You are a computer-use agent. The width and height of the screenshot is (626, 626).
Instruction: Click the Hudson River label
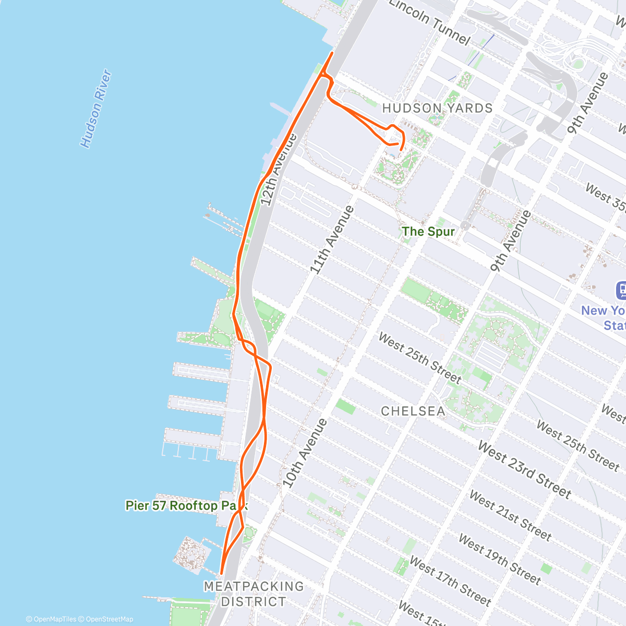point(96,109)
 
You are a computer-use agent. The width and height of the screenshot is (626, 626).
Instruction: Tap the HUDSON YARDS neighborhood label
point(437,109)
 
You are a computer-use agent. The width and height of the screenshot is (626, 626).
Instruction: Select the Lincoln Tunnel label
point(429,22)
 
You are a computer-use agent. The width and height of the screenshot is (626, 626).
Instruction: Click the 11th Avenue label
point(332,240)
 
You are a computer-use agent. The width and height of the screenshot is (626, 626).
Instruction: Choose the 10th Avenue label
point(305,453)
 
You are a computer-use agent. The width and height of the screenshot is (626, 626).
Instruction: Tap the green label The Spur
point(428,231)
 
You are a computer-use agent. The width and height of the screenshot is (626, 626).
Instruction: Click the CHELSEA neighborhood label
point(413,411)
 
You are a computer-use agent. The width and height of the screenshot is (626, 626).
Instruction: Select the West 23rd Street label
point(525,469)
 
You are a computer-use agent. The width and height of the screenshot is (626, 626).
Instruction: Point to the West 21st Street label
point(510,515)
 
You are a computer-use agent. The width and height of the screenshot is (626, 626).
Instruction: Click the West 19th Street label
point(499,558)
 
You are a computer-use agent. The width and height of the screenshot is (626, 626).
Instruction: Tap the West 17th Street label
point(450,580)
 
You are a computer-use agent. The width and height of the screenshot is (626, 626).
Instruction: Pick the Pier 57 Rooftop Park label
point(186,505)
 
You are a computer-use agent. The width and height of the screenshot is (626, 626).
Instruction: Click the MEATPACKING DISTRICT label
point(254,594)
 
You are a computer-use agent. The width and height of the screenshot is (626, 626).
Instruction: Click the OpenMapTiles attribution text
point(51,619)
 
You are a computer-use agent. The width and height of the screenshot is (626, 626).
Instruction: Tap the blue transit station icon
point(621,291)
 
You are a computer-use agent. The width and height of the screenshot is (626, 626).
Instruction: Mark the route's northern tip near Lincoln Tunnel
point(332,53)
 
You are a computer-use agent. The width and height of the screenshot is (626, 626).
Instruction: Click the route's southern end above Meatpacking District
point(222,573)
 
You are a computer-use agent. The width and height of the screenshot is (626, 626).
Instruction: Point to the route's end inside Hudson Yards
point(400,149)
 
